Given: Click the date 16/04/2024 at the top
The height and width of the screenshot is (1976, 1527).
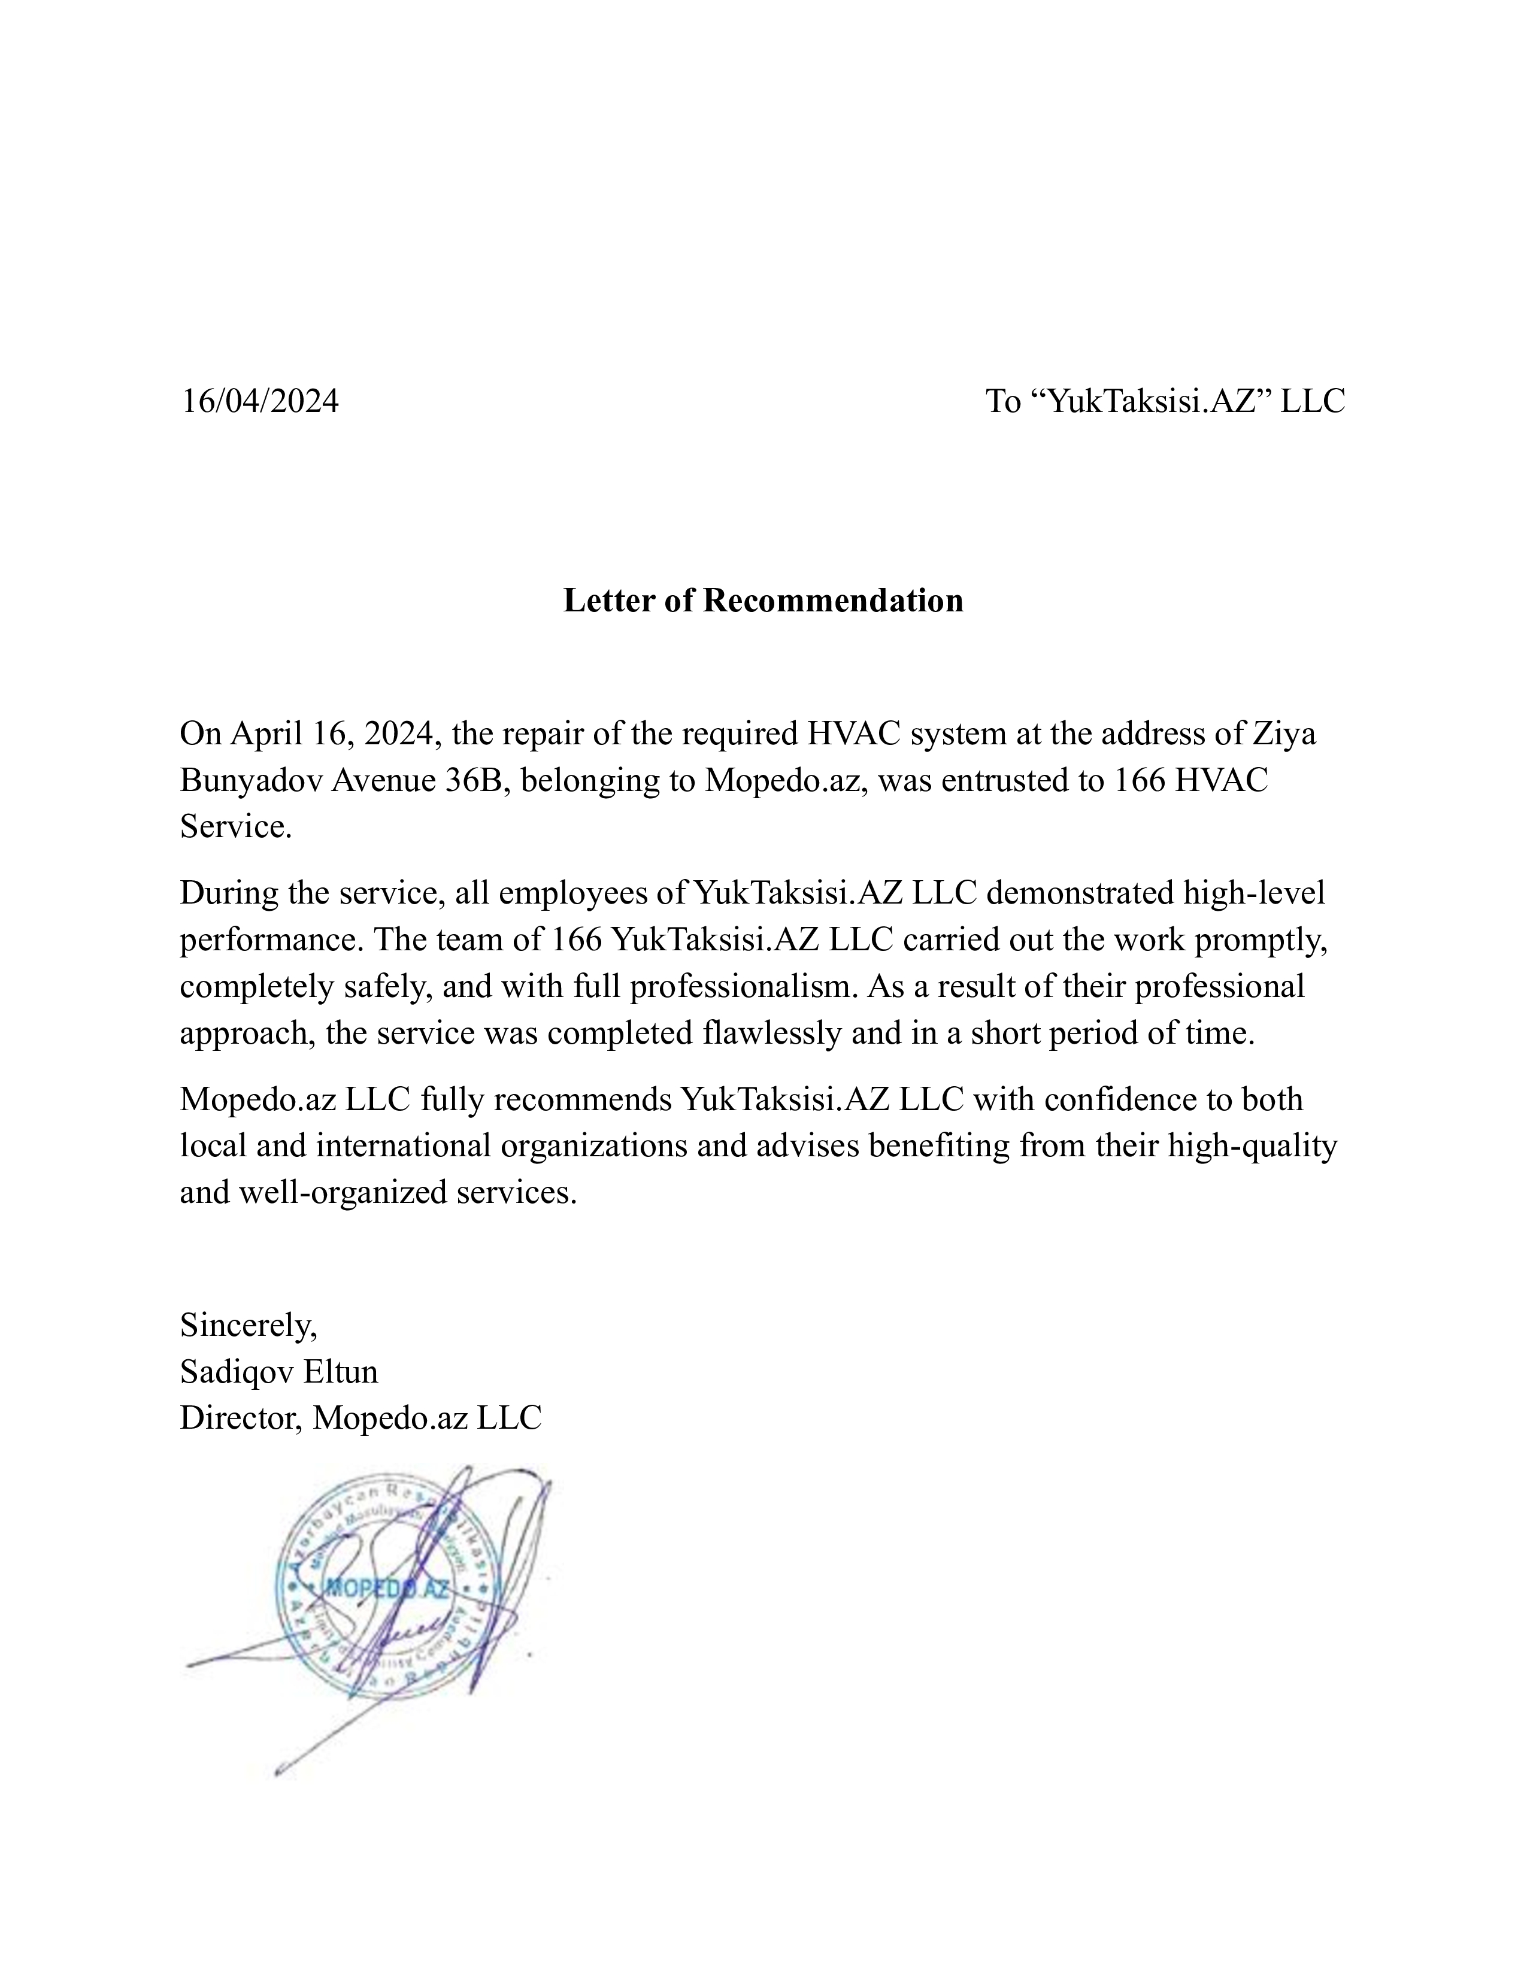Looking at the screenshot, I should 260,401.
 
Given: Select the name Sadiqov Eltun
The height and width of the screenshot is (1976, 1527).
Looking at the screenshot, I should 278,1372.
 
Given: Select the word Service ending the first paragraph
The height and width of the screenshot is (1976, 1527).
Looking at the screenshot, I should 235,827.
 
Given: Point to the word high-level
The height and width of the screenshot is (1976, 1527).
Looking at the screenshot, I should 1254,893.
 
